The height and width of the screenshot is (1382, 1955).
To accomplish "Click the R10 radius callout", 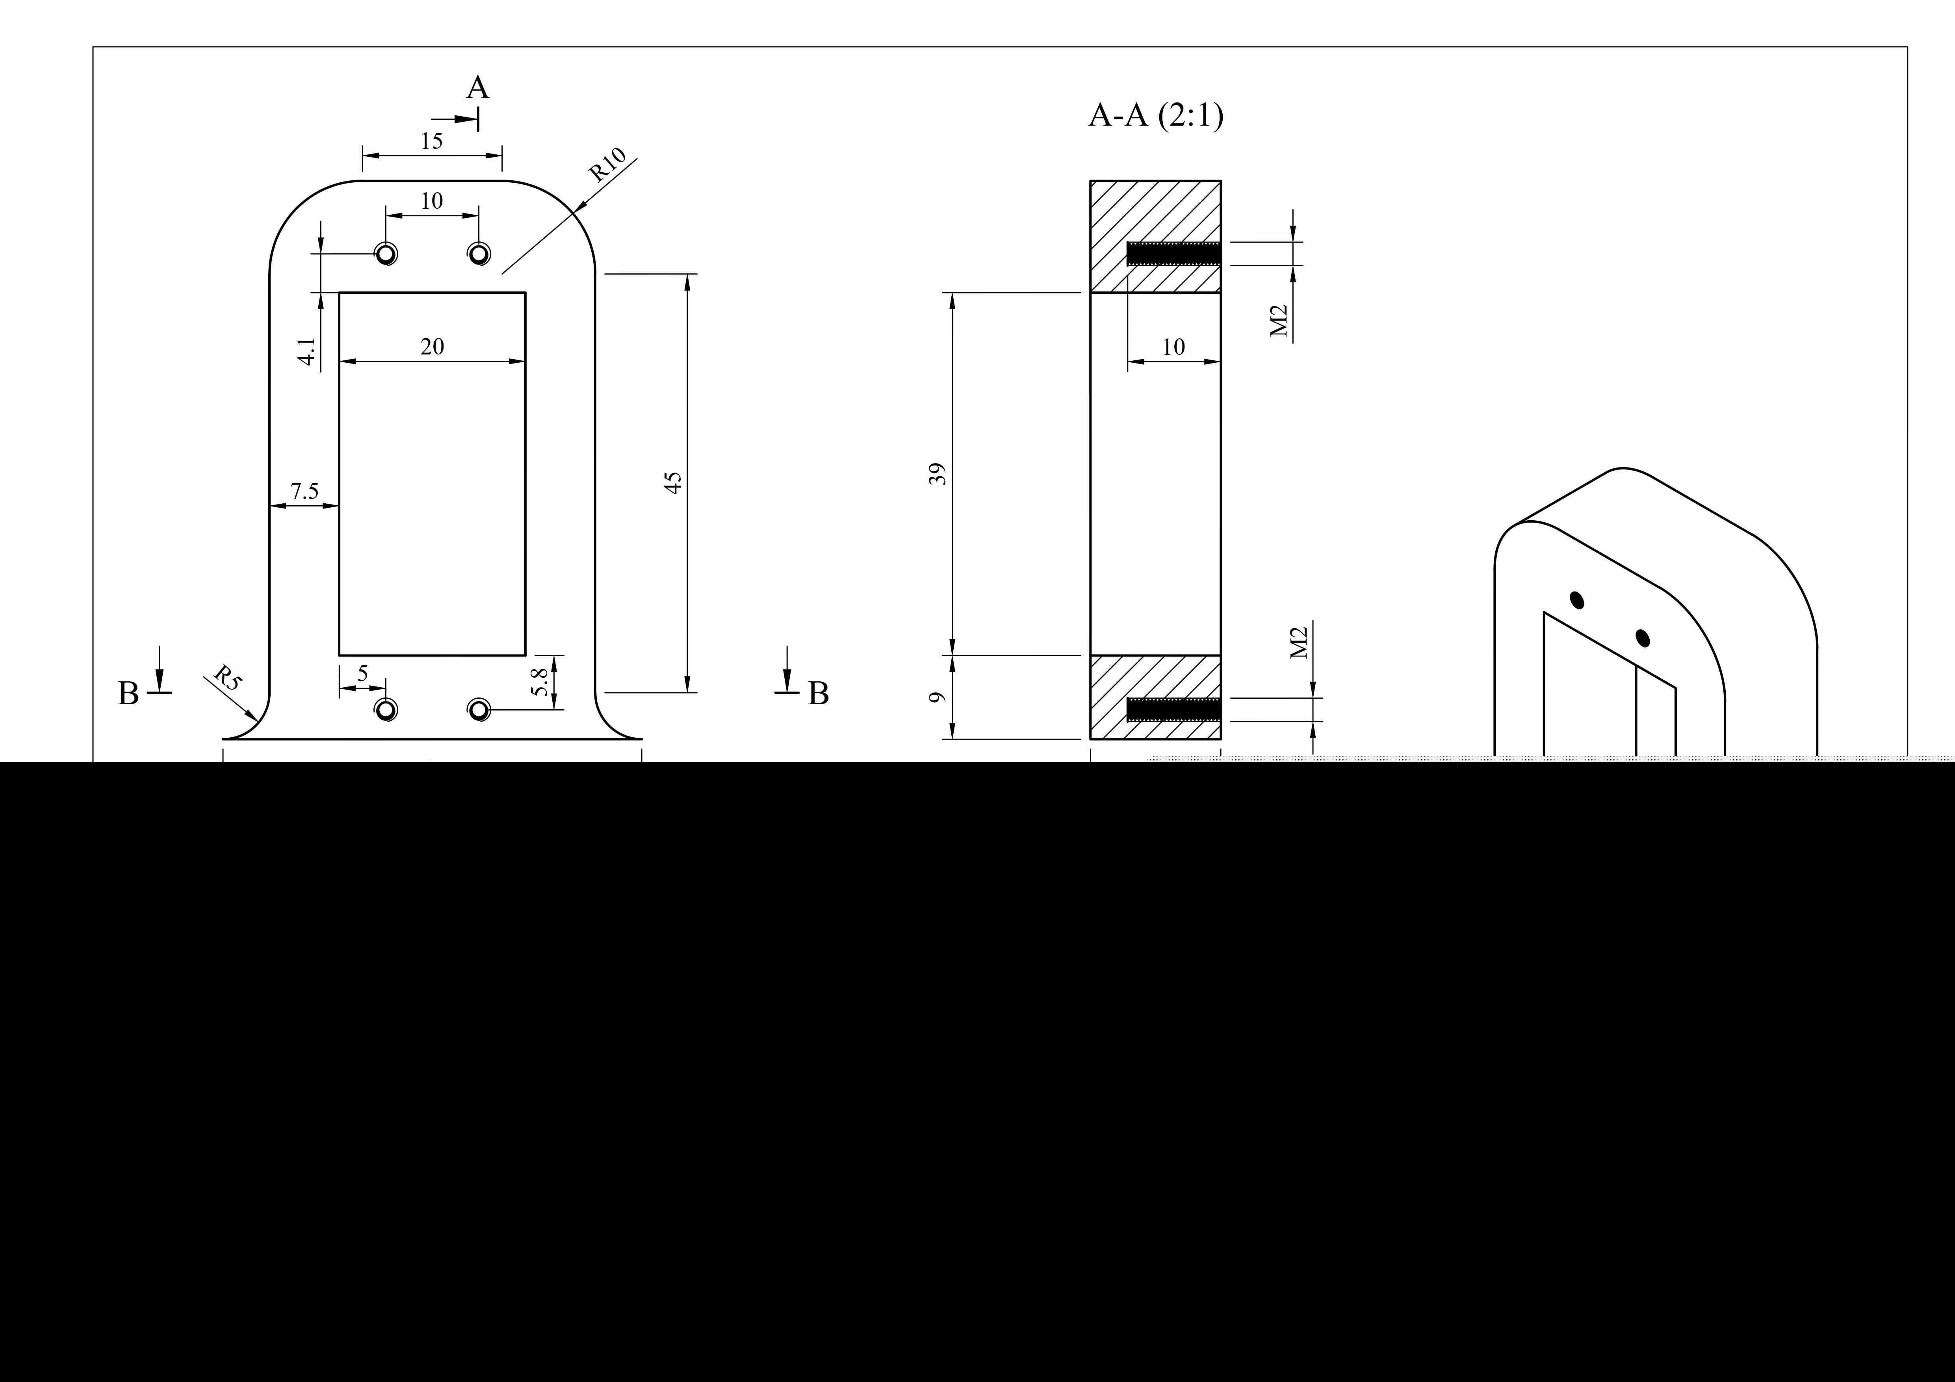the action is pyautogui.click(x=608, y=165).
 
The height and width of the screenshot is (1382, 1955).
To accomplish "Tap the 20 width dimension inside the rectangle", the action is pyautogui.click(x=432, y=347).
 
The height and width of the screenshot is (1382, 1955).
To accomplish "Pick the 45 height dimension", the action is pyautogui.click(x=673, y=483).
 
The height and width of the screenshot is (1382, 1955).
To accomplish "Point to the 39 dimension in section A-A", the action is pyautogui.click(x=938, y=474).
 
